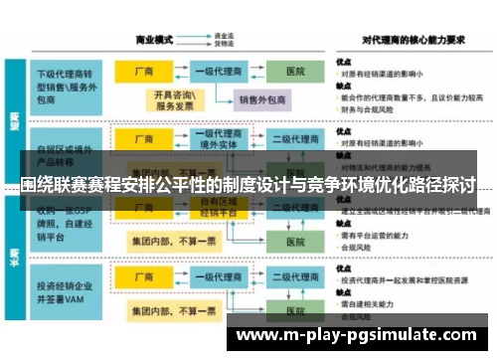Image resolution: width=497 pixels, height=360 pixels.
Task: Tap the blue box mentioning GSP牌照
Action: (67, 221)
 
